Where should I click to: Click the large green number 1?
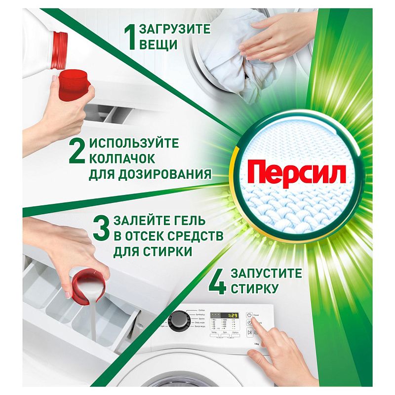point(131,37)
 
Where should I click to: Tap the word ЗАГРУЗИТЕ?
point(174,29)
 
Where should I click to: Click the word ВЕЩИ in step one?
point(158,45)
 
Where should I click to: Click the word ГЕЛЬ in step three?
point(184,221)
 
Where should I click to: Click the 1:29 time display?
point(230,315)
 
